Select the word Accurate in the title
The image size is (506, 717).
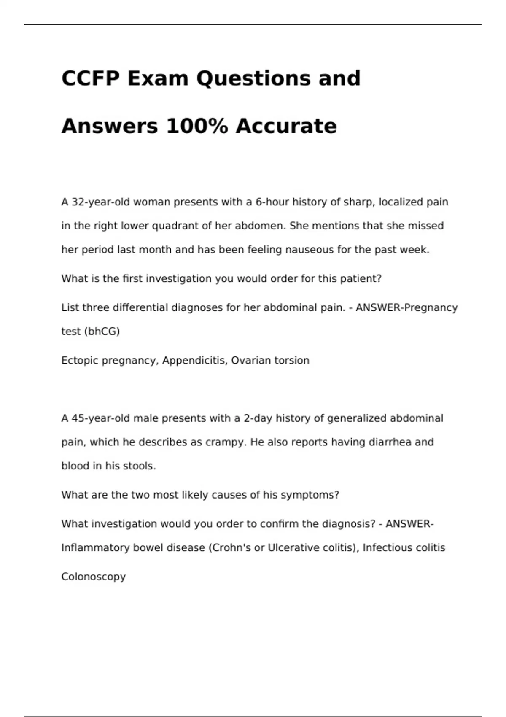pos(286,126)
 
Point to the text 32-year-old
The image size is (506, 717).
pos(101,202)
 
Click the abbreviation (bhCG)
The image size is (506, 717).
pos(102,332)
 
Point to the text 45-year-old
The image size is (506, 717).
pos(101,418)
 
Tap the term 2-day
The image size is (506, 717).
pos(258,418)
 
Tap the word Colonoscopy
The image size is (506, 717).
pos(94,577)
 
